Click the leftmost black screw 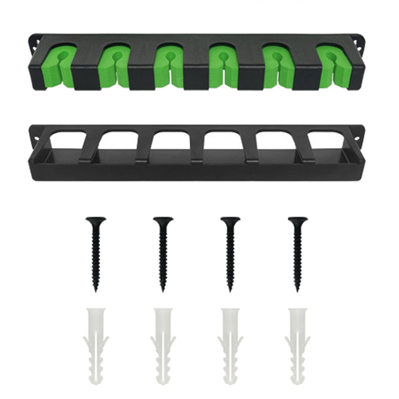[x=95, y=253]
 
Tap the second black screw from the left [x=163, y=253]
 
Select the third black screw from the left [x=230, y=253]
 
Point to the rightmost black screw [x=298, y=253]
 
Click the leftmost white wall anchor [x=95, y=345]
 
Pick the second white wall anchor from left [x=163, y=345]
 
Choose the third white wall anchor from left [x=230, y=345]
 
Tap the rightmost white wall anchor [x=298, y=345]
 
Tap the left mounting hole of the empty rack [x=36, y=138]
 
